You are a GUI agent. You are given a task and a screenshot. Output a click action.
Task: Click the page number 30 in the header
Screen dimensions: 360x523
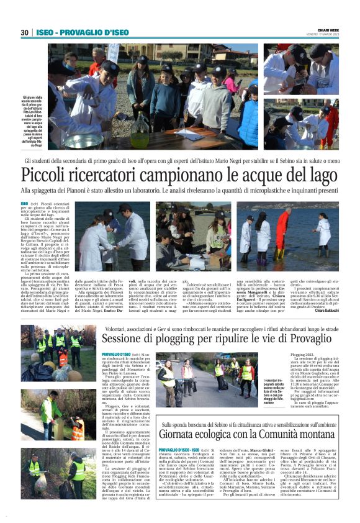click(x=24, y=32)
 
